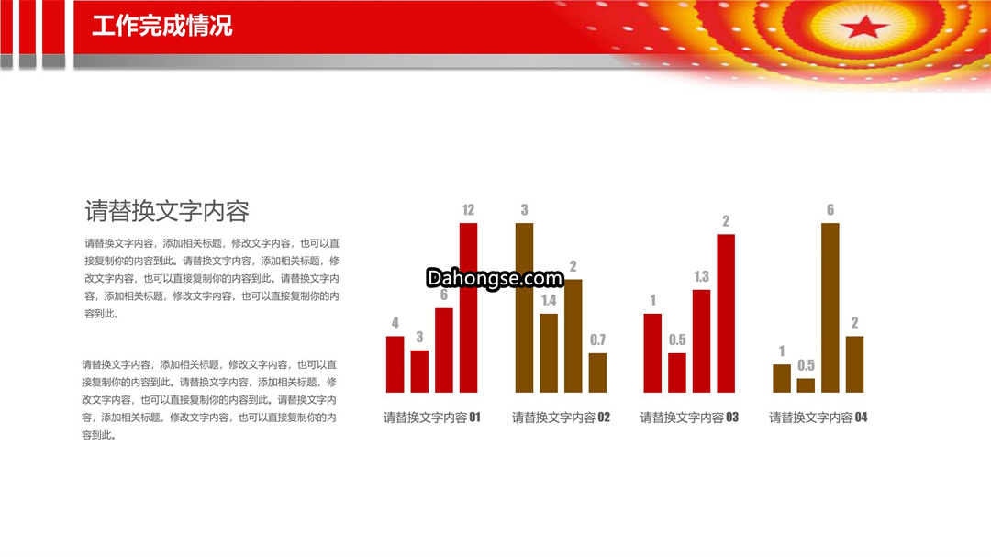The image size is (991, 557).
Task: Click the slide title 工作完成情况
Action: tap(161, 26)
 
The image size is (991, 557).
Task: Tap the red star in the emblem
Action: tap(864, 27)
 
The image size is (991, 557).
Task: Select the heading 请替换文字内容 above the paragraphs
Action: tap(167, 211)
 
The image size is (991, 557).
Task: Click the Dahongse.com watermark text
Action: tap(495, 278)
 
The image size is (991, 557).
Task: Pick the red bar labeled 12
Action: tap(468, 308)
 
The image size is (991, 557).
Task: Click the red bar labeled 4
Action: tap(395, 364)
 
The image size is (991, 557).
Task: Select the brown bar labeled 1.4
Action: tap(549, 352)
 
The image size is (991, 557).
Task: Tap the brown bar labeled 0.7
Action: tap(598, 373)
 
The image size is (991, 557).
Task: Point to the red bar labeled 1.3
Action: tap(702, 341)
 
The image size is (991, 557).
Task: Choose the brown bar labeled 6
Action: tap(830, 308)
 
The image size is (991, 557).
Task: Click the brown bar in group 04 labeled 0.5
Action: tap(806, 385)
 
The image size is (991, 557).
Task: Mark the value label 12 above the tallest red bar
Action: tap(468, 210)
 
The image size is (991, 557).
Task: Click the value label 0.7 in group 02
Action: tap(598, 340)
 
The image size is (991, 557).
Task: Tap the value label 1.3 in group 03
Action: tap(702, 276)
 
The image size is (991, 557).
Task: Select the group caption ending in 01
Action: tap(432, 418)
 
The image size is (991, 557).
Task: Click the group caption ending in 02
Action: tap(562, 418)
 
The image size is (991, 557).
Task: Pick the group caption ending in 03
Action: tap(689, 418)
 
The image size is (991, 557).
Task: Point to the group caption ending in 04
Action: tap(818, 418)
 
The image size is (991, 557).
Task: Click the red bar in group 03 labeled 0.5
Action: tap(677, 373)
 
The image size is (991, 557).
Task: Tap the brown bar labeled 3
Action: tap(525, 308)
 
